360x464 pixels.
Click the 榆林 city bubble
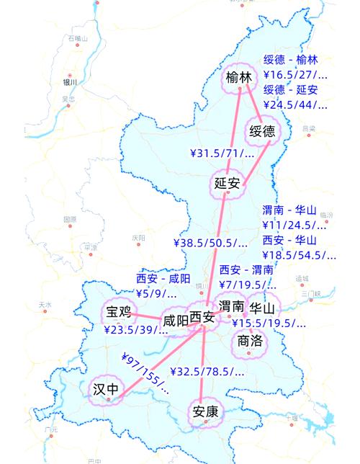tap(240, 78)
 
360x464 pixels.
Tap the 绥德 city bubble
tap(262, 131)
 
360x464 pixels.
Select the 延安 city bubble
tap(227, 183)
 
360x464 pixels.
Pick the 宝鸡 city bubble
tap(119, 312)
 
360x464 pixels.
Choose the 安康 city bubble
tap(205, 411)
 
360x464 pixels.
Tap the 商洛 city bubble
tap(249, 342)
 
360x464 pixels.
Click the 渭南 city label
tap(230, 308)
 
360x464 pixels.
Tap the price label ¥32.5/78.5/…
tap(207, 372)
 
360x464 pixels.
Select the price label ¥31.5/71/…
tap(222, 153)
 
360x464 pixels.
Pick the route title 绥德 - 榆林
tap(291, 60)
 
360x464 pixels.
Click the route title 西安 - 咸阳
tap(163, 279)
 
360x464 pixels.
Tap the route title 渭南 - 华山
tap(289, 210)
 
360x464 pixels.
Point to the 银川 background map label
tap(69, 81)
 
